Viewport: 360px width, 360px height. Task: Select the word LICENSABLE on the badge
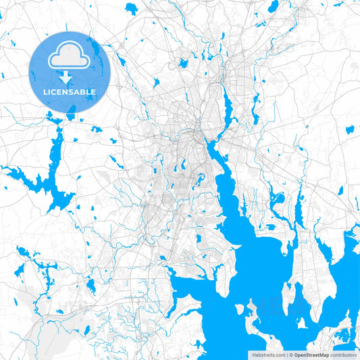coord(70,92)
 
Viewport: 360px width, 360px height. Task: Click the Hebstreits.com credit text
coord(267,355)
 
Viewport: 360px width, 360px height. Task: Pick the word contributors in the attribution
coord(343,355)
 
